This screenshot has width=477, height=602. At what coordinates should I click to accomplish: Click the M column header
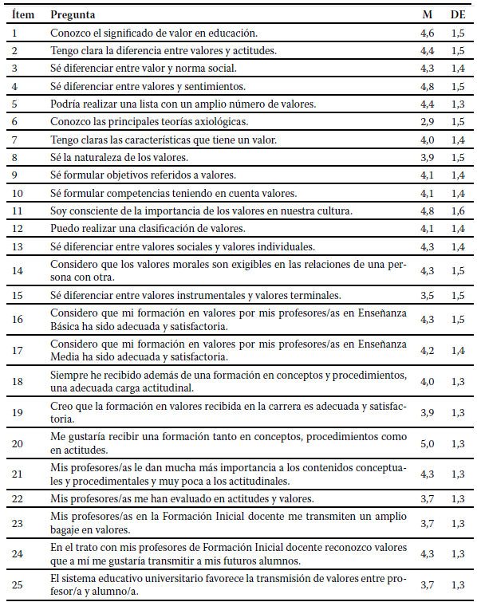coord(427,15)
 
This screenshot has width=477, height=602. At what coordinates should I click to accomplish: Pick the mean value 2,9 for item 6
coord(428,121)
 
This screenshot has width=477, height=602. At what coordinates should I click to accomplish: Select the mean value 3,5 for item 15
coord(428,295)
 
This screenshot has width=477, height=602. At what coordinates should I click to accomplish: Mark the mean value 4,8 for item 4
coord(428,86)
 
